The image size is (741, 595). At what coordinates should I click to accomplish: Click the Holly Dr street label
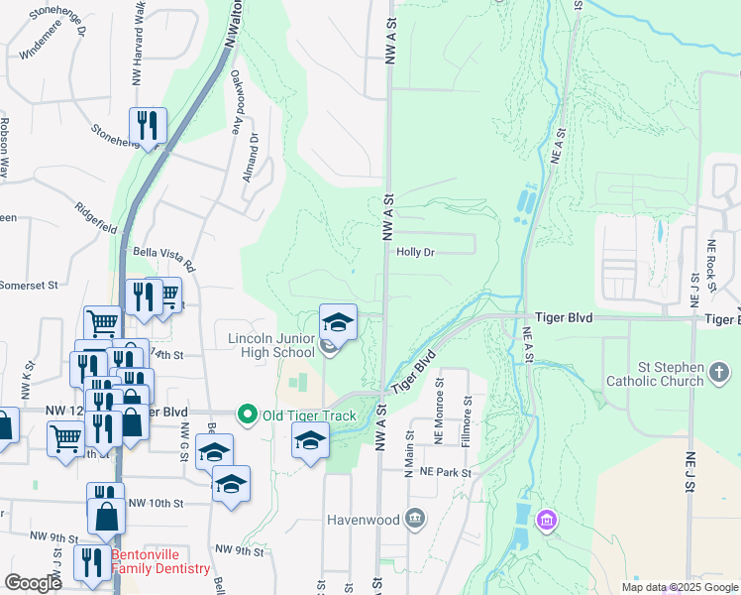pos(416,252)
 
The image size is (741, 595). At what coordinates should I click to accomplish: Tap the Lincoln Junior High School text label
pos(271,345)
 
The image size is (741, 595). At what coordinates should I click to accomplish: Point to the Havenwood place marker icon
pos(414,519)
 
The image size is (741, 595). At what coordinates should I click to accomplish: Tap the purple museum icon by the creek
pos(546,520)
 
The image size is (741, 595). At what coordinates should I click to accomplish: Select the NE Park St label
pos(445,473)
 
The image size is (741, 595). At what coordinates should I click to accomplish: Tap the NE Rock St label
pos(711,265)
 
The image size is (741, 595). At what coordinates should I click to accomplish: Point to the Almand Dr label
pos(254,154)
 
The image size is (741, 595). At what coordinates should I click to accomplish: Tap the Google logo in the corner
pos(34,583)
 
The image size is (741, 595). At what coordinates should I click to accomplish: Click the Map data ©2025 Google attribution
pos(679,586)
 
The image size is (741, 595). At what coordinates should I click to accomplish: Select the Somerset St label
pos(32,285)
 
